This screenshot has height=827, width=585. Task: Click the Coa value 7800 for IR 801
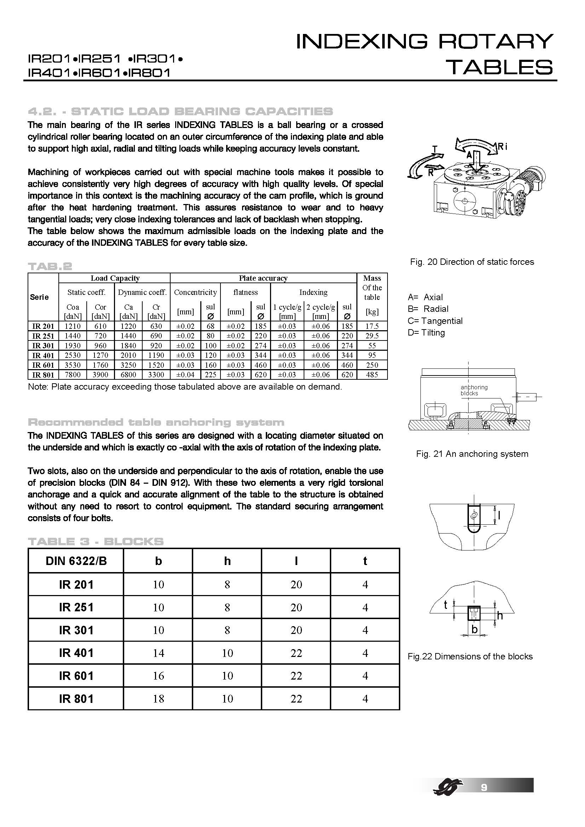click(73, 374)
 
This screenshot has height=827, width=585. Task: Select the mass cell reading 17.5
click(372, 326)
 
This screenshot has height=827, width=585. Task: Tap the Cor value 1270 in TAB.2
click(100, 355)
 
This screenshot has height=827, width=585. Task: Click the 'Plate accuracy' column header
click(263, 278)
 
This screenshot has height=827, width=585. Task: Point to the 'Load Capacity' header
click(115, 278)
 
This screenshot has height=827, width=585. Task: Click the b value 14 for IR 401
click(158, 653)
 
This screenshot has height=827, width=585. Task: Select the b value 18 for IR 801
click(158, 699)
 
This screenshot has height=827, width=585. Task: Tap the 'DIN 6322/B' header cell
click(76, 561)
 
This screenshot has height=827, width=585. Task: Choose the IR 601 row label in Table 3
click(76, 676)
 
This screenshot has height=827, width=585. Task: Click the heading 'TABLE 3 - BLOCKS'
click(96, 541)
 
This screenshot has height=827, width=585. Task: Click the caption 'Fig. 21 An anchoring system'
click(472, 454)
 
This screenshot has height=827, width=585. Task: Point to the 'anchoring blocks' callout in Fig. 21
click(474, 390)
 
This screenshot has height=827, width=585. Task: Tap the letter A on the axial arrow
click(469, 155)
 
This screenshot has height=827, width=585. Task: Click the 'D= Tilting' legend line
click(426, 332)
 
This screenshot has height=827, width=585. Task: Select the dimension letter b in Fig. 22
click(474, 629)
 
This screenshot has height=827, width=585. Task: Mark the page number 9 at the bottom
click(484, 787)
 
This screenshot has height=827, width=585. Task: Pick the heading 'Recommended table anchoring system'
click(156, 422)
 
